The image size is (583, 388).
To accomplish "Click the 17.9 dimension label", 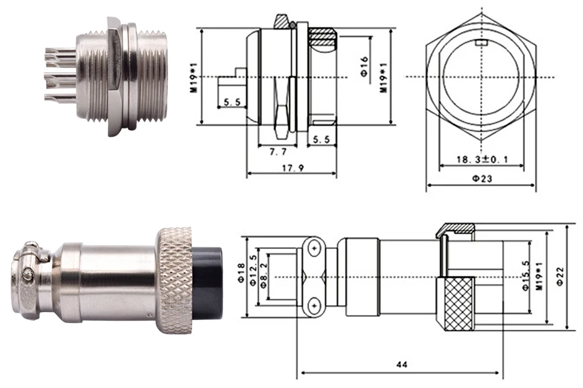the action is point(293,168).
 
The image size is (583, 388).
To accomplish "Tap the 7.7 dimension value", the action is point(278,152).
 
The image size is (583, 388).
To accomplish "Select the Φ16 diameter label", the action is point(364,67).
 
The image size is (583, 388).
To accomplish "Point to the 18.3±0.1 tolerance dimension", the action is point(482,159).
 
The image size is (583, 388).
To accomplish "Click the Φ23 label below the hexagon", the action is point(482,179).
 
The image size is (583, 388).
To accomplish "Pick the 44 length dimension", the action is point(402,364).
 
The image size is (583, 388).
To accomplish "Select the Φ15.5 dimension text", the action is point(526,276).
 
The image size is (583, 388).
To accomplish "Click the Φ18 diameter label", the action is point(241,274).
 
